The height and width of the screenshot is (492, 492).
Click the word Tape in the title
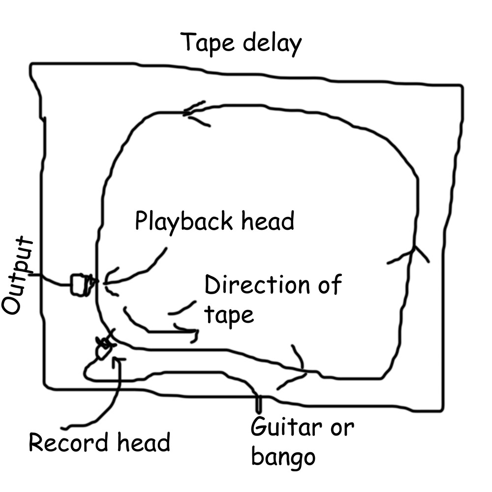(207, 43)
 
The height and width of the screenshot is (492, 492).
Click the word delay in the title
(273, 43)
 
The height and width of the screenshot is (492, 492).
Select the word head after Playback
(268, 221)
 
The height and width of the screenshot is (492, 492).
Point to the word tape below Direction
(229, 315)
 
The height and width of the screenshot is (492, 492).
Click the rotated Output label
(17, 275)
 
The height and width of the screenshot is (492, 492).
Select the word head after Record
(144, 441)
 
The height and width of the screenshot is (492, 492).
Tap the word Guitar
(286, 427)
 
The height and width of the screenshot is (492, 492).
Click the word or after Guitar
(342, 429)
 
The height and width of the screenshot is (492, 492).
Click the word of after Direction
(330, 284)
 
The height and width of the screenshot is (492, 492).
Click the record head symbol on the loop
(104, 348)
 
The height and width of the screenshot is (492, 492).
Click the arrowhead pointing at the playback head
(110, 282)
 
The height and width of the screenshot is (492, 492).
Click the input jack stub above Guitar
(258, 403)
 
